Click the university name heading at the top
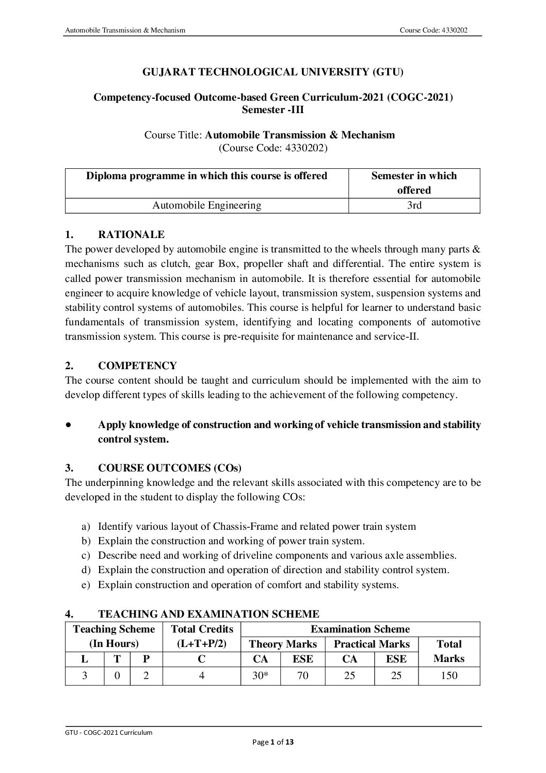coord(272,72)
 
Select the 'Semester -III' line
coord(272,109)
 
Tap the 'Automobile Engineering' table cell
coord(206,206)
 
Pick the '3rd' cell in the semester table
coord(414,206)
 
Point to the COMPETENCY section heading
coord(137,366)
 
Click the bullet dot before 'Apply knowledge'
coord(69,425)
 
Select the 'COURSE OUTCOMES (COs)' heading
coord(169,468)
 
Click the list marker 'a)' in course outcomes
coord(86,527)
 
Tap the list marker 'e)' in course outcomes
coord(86,585)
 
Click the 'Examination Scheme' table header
coord(360,629)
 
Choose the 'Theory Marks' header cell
coord(282,644)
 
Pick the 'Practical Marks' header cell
coord(372,644)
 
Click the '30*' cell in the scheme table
coord(260,675)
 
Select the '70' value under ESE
coord(303,675)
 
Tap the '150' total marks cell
coord(448,675)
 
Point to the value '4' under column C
coord(202,675)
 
